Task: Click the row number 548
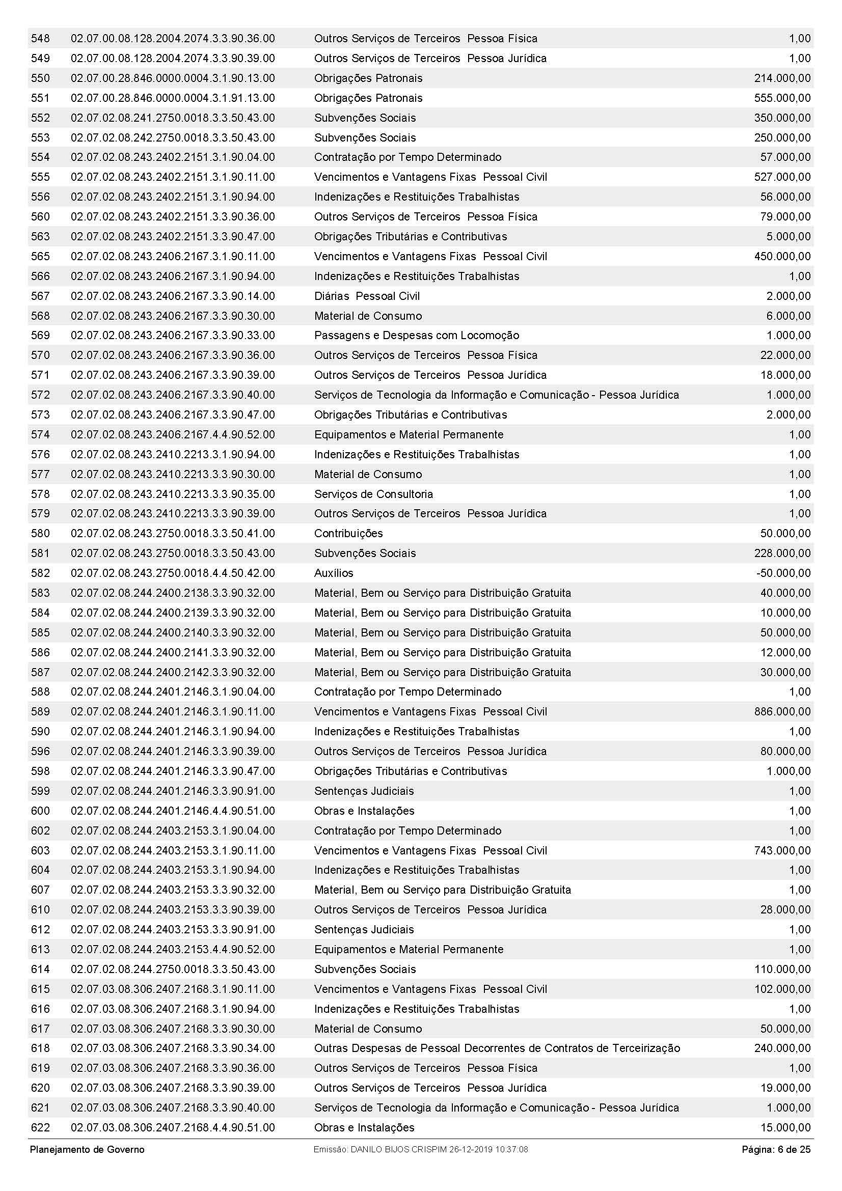tap(40, 38)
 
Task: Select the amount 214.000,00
tap(782, 78)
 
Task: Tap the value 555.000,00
tap(782, 98)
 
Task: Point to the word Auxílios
tap(334, 573)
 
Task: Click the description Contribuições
tap(348, 533)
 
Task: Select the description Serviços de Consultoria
tap(373, 494)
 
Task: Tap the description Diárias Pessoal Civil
tap(367, 296)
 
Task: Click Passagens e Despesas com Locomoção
tap(416, 336)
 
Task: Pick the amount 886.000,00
tap(782, 712)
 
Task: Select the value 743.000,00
tap(782, 850)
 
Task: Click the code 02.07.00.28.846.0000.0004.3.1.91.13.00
tap(173, 98)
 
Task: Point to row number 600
tap(40, 811)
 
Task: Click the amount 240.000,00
tap(782, 1048)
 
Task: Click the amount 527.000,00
tap(782, 177)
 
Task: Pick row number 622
tap(40, 1128)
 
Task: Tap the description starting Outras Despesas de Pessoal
tap(497, 1048)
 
